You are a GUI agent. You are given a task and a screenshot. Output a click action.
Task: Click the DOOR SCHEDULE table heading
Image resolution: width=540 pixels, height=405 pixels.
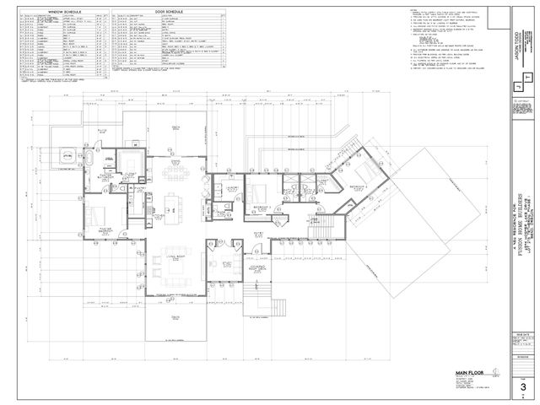(x=165, y=13)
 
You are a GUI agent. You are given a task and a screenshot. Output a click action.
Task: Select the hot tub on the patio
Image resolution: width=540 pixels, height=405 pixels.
(x=66, y=157)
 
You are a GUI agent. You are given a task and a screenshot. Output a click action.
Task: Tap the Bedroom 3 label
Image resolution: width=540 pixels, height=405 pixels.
(x=260, y=207)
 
